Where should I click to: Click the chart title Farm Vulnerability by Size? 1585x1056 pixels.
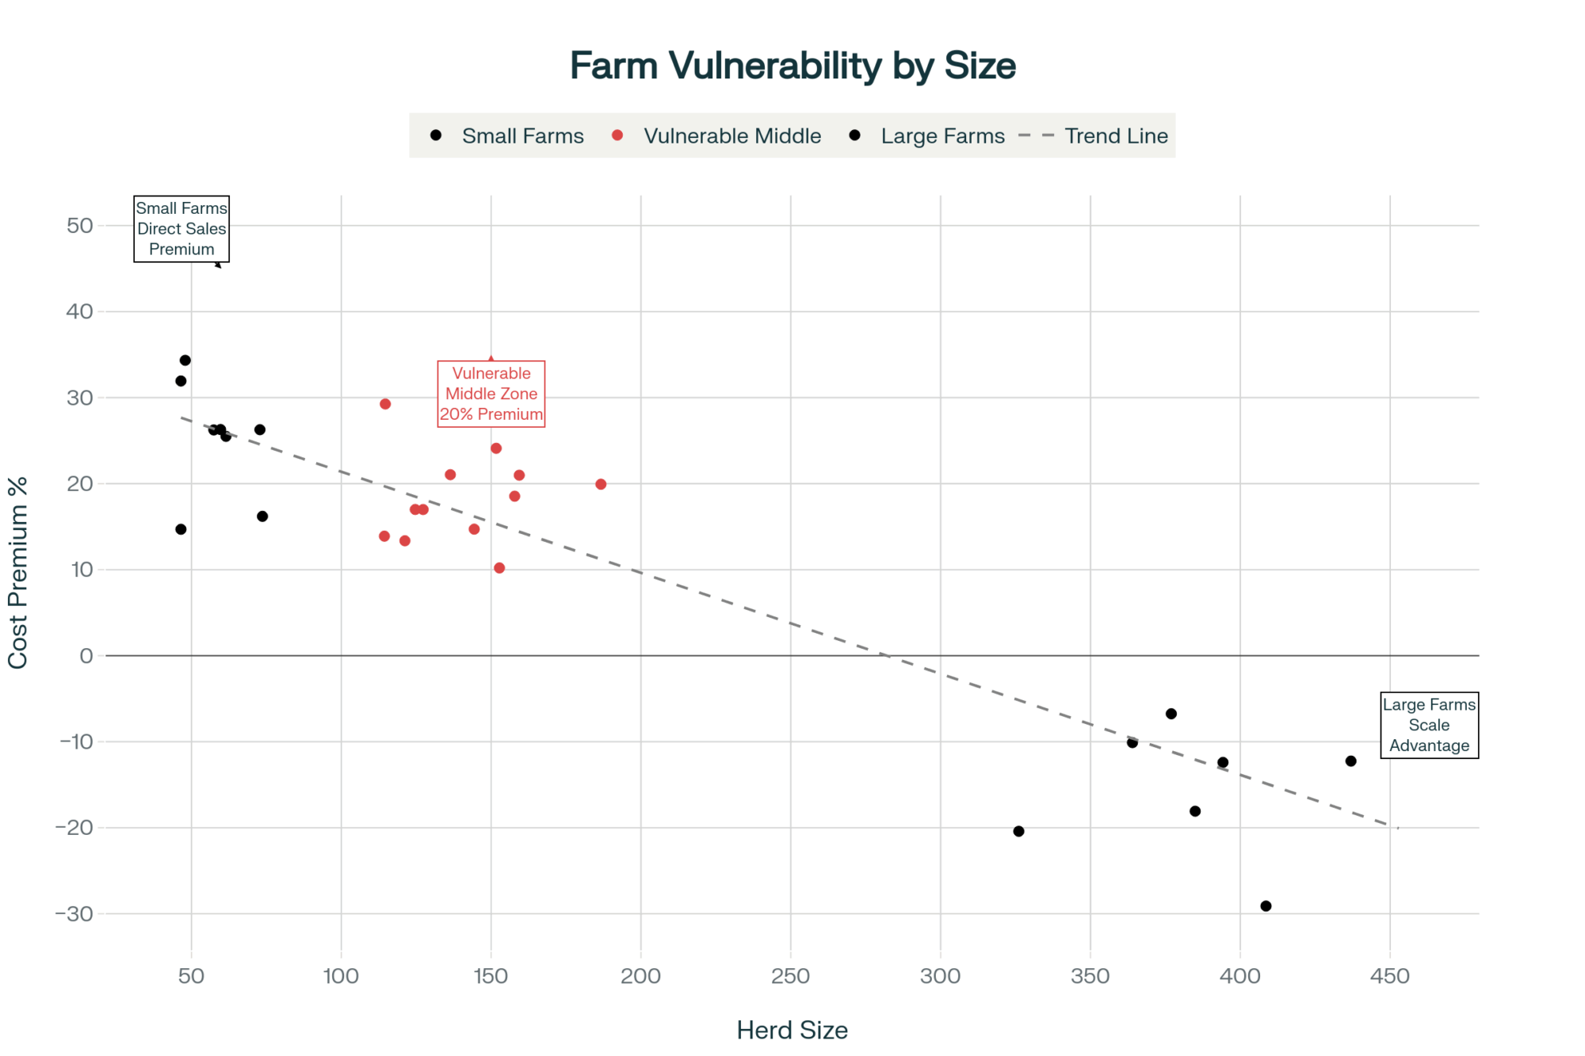(x=792, y=66)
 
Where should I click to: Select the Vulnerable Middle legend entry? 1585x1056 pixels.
(x=731, y=136)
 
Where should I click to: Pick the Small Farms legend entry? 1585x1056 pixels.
(x=522, y=136)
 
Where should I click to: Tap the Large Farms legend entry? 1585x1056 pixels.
(x=942, y=136)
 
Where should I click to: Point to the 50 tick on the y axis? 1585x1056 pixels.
(x=80, y=226)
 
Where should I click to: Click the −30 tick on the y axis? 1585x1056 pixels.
(x=74, y=914)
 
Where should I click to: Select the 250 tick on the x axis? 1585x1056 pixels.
(x=790, y=976)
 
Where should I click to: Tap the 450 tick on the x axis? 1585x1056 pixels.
(x=1390, y=976)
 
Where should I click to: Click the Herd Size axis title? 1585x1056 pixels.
(x=792, y=1030)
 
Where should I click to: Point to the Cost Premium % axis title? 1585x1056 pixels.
(x=17, y=573)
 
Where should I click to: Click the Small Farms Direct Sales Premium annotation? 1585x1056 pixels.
(x=181, y=229)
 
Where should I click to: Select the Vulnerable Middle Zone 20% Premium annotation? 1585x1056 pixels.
(x=491, y=394)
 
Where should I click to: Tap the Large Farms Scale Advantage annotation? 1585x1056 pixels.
(x=1429, y=725)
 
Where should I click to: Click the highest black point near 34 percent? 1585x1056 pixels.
(x=185, y=360)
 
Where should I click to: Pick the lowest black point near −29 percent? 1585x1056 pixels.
(x=1266, y=906)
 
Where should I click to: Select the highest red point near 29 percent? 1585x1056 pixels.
(x=385, y=404)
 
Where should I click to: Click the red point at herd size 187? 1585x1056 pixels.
(x=601, y=484)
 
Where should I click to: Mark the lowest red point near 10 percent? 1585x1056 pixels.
(x=499, y=568)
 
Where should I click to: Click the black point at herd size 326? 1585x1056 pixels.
(x=1019, y=831)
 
